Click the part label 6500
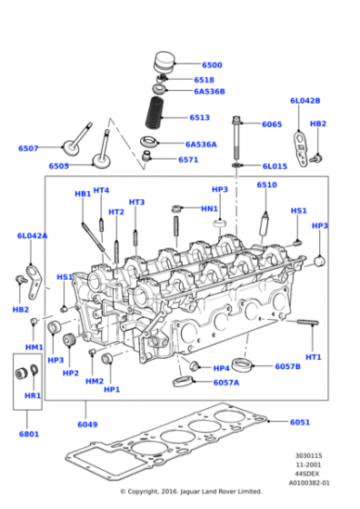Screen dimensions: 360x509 click(x=212, y=65)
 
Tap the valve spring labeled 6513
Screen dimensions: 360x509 click(x=155, y=112)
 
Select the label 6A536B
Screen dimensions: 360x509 click(x=209, y=92)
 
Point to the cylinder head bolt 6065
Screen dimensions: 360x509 click(x=236, y=138)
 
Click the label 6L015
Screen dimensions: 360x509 click(x=275, y=166)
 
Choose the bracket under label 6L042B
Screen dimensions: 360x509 click(x=301, y=149)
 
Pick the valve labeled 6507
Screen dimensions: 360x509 click(x=77, y=140)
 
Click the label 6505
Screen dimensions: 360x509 click(x=59, y=165)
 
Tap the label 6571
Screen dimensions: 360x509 click(x=188, y=159)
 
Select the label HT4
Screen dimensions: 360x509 click(x=101, y=190)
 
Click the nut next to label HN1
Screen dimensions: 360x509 click(x=176, y=208)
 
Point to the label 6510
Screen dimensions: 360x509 click(x=267, y=185)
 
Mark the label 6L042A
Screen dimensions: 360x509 click(x=32, y=235)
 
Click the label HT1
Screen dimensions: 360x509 click(x=314, y=357)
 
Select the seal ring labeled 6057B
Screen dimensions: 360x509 click(x=242, y=364)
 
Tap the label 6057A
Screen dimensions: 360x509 click(x=226, y=383)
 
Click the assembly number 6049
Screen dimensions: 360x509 click(x=87, y=424)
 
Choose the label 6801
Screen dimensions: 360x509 click(x=29, y=434)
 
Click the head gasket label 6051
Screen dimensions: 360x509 click(x=300, y=422)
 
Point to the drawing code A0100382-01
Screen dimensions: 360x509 click(x=309, y=483)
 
